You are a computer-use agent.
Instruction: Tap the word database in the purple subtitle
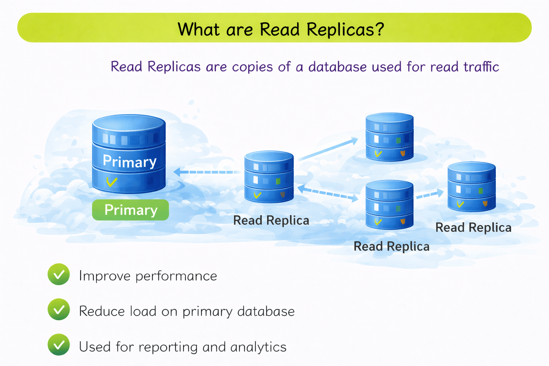click(x=337, y=67)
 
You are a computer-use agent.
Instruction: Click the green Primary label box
click(x=130, y=210)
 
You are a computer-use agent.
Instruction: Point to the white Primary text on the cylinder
click(x=129, y=162)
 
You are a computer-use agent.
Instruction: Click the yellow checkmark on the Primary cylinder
click(x=112, y=182)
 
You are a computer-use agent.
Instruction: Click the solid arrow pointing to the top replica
click(x=328, y=149)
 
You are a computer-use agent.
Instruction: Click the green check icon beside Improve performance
click(x=59, y=274)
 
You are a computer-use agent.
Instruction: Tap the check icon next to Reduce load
click(x=59, y=310)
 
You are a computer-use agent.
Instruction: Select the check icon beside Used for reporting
click(x=59, y=345)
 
